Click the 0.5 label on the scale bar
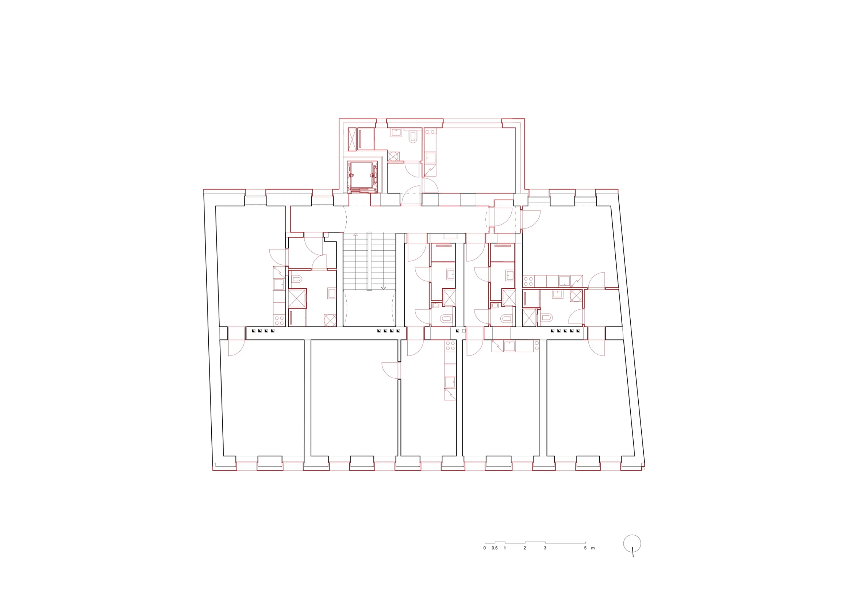pos(494,548)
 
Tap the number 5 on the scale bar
pos(585,548)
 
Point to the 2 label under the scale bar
pos(525,548)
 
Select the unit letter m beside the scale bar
pos(593,548)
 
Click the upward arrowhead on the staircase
pos(355,234)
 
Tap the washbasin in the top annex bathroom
pos(396,133)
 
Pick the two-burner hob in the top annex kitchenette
pos(430,131)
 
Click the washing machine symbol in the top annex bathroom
pos(393,157)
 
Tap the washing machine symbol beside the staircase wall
pos(330,320)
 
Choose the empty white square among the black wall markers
pos(464,331)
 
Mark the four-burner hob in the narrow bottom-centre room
pos(450,346)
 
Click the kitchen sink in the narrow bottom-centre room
pos(450,382)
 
